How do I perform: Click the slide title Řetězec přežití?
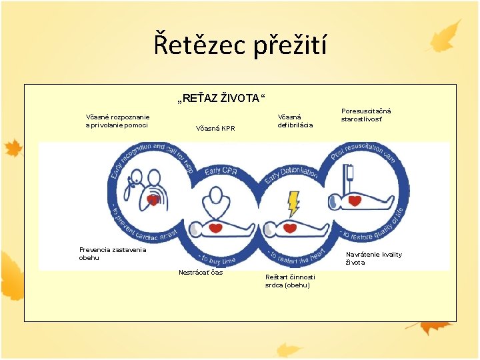(x=240, y=45)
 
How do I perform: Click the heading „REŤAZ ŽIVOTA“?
(x=220, y=99)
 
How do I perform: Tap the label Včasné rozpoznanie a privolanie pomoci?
(x=117, y=121)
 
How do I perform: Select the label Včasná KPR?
(x=215, y=128)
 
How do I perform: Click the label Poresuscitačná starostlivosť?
(x=366, y=115)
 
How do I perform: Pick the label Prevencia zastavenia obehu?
(x=112, y=253)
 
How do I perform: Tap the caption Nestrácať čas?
(x=200, y=272)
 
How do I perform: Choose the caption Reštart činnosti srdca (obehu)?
(x=290, y=281)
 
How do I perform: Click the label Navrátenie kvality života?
(x=373, y=258)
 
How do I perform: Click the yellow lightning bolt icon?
(x=293, y=203)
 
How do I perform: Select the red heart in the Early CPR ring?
(x=215, y=228)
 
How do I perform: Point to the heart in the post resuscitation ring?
(x=355, y=199)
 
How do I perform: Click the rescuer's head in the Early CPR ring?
(x=215, y=195)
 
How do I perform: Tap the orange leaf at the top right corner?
(x=445, y=37)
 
